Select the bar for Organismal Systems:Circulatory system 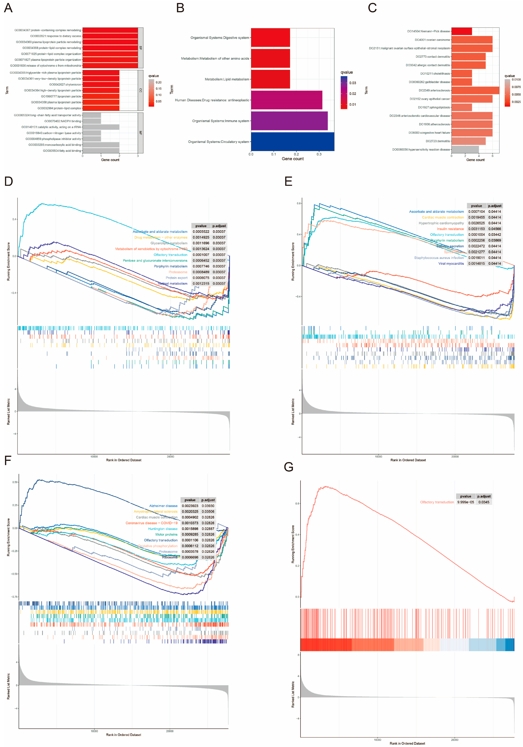point(292,142)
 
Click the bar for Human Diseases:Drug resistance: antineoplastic point(286,100)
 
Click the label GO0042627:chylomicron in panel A point(65,85)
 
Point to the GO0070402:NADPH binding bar point(92,121)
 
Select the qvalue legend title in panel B point(347,72)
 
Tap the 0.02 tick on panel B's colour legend point(353,94)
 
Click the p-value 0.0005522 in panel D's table point(201,232)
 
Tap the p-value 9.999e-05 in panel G point(465,502)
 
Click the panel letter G point(288,467)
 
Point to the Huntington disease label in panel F point(163,529)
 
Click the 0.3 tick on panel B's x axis point(319,154)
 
